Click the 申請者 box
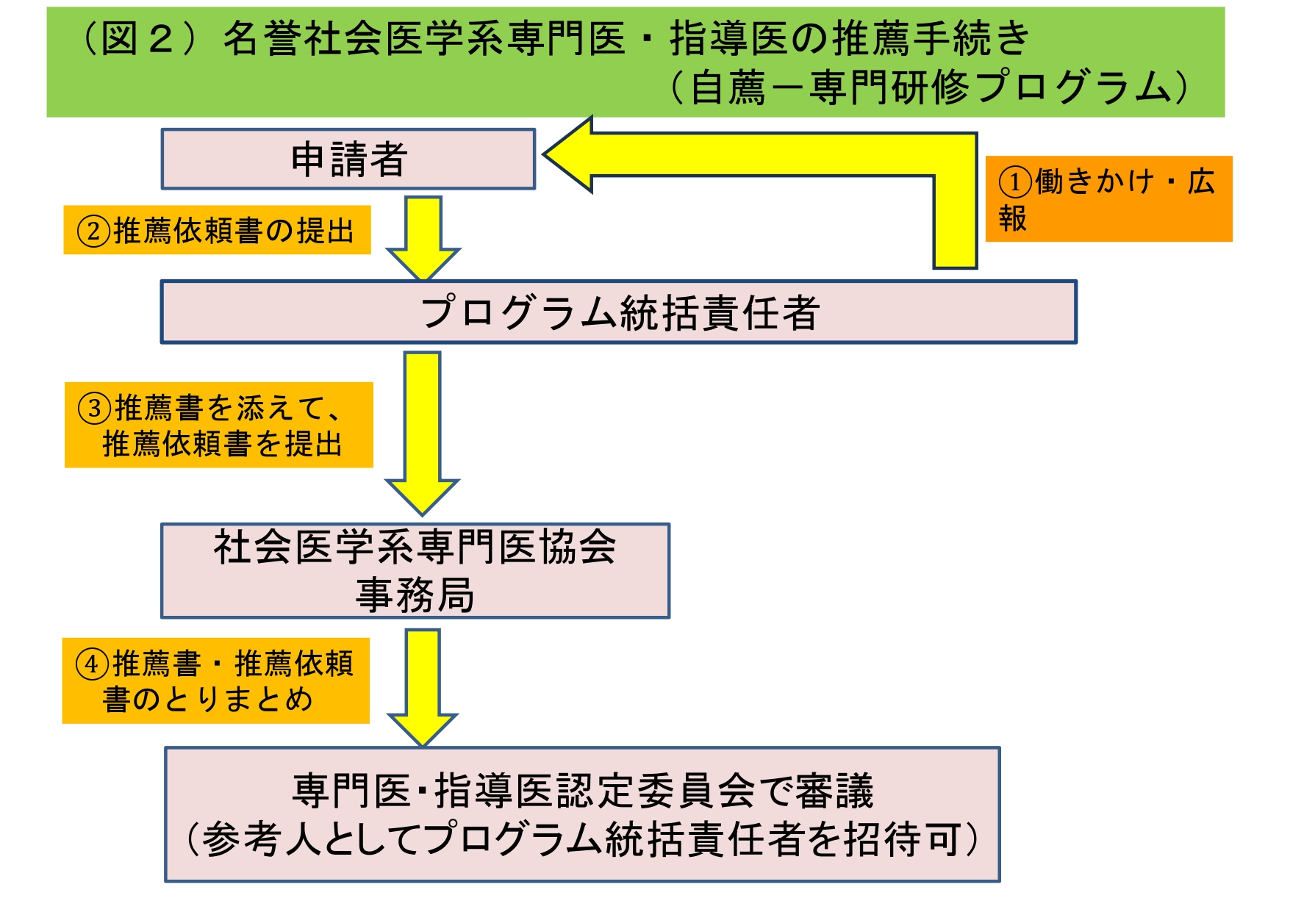pos(348,159)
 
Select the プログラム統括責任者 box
pos(618,312)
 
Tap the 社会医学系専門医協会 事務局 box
pos(415,570)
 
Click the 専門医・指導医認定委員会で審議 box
pos(582,791)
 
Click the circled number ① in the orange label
pos(1014,182)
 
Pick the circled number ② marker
pos(93,231)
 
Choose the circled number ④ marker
pos(92,664)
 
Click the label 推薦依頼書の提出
pos(234,231)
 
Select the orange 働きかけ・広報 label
pos(1108,198)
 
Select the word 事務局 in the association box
pos(415,595)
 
